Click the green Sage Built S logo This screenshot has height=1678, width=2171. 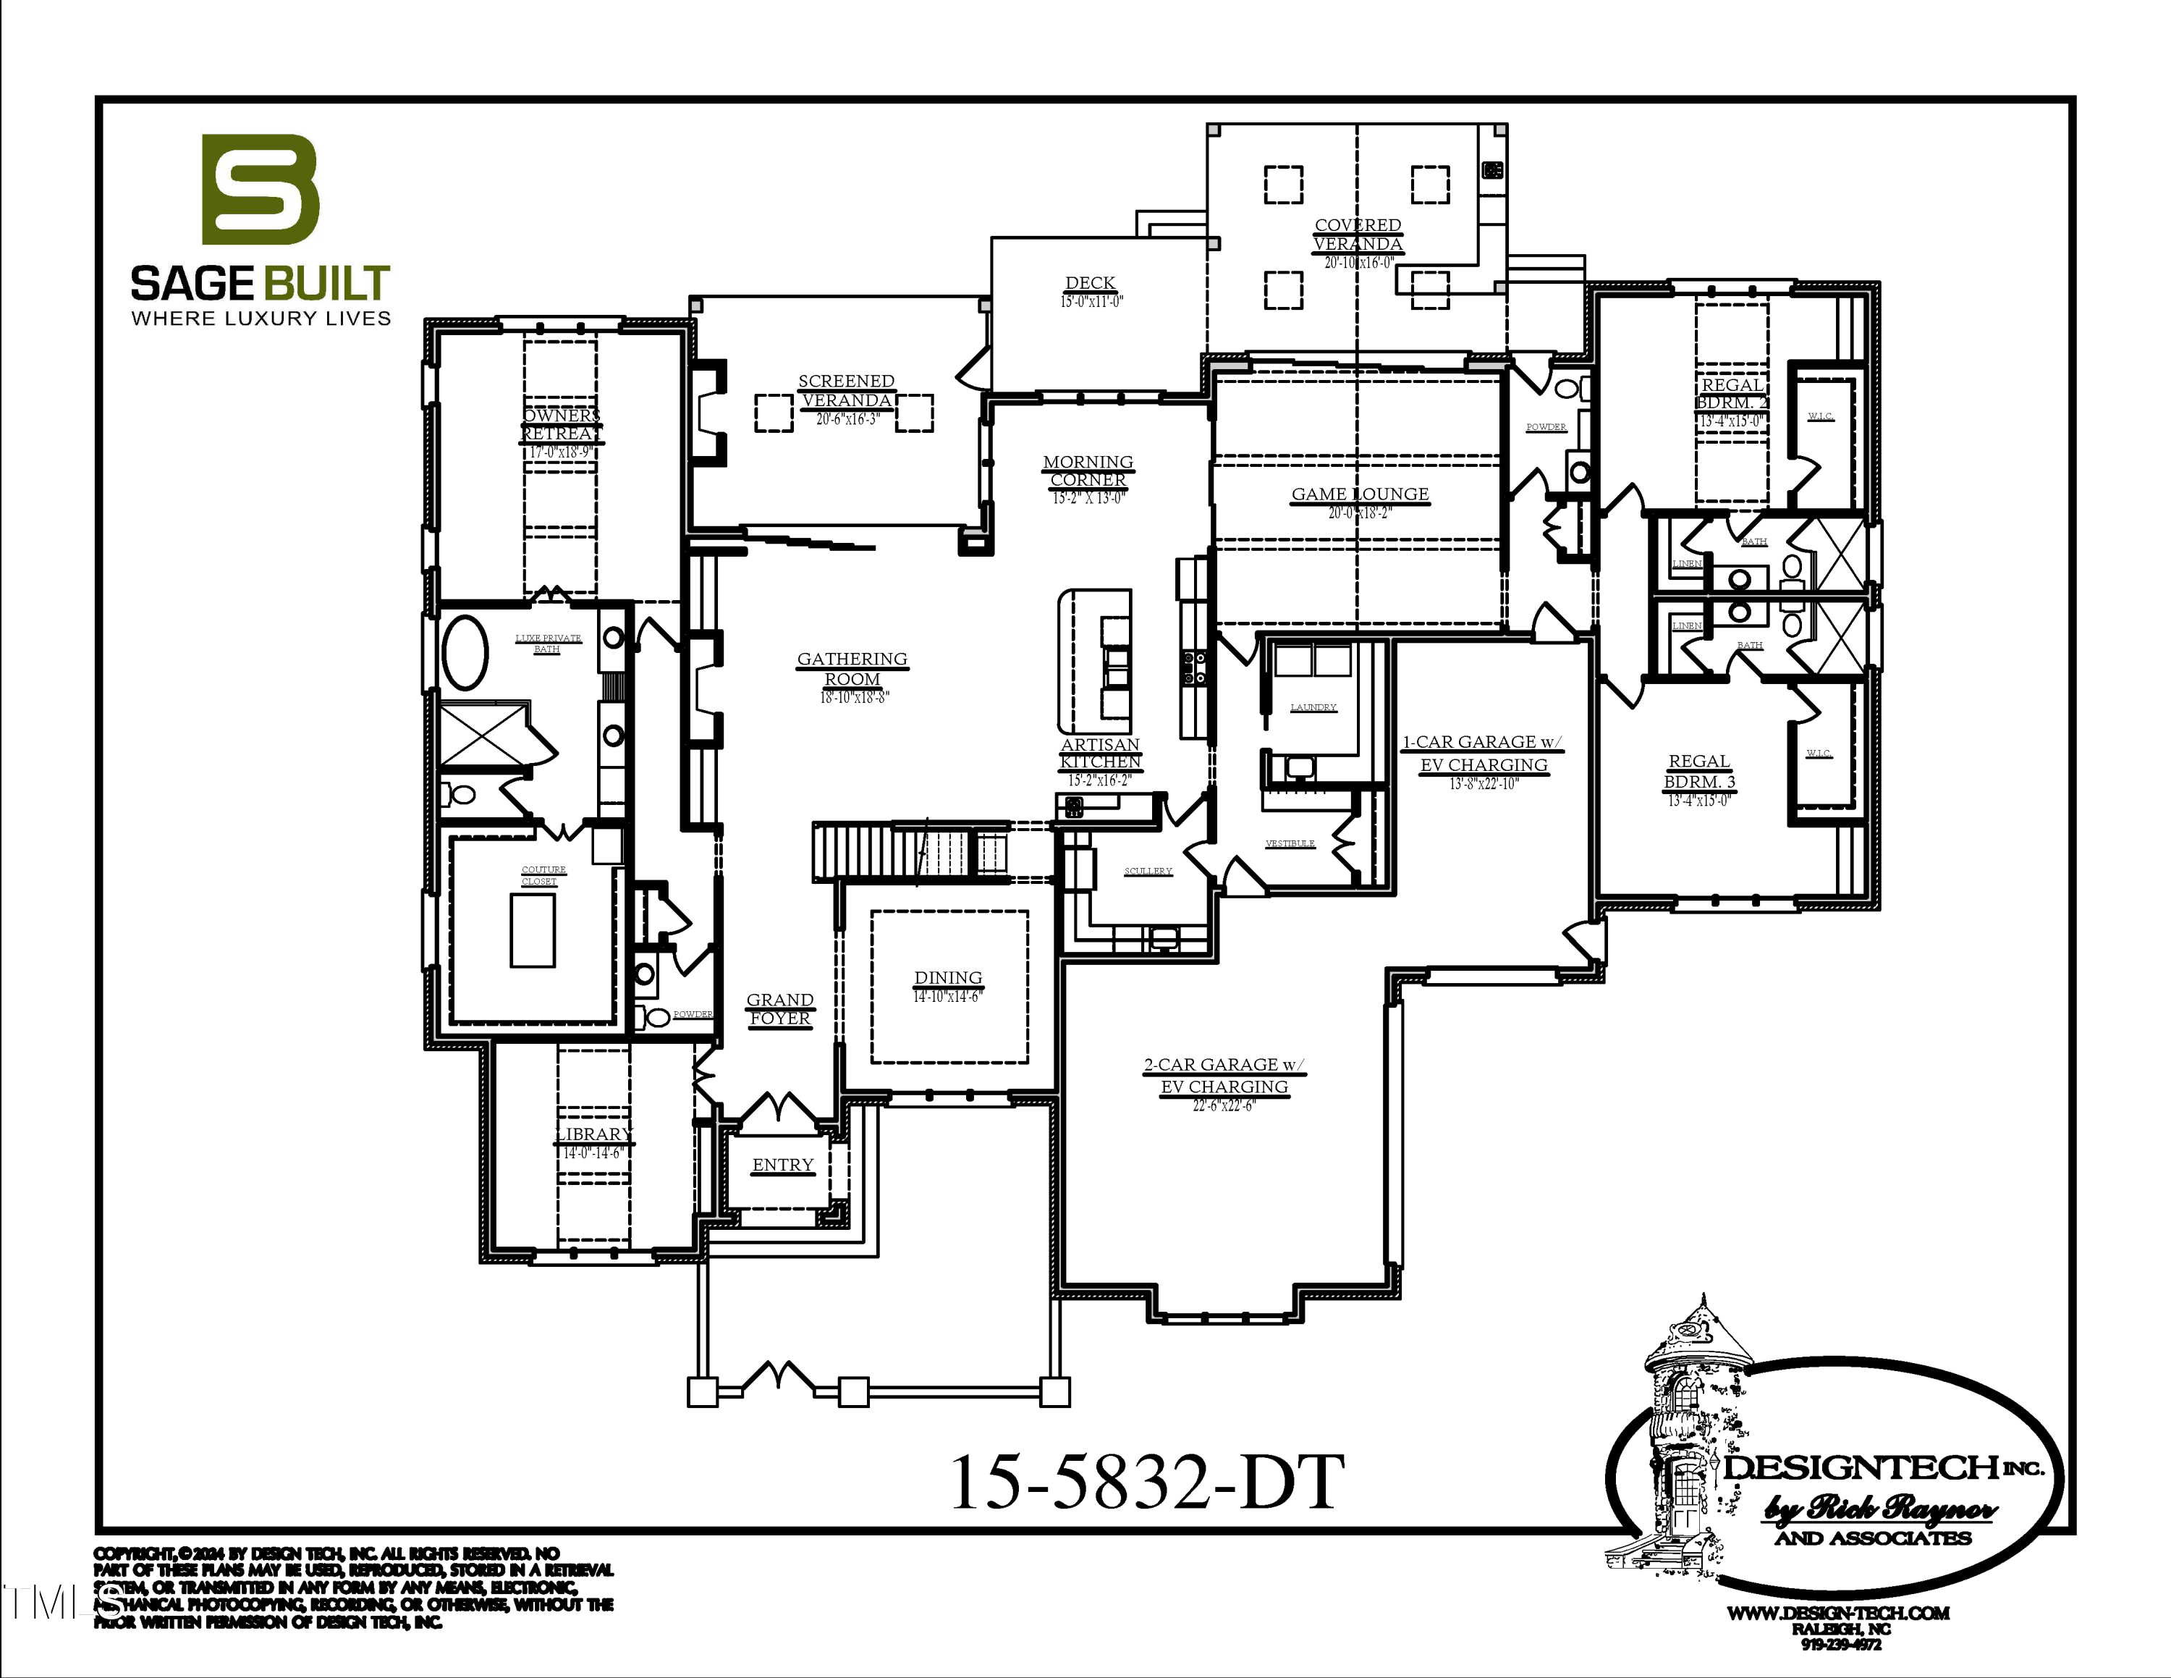tap(261, 190)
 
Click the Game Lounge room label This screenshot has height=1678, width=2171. tap(1360, 494)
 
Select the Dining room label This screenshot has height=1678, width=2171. tap(947, 978)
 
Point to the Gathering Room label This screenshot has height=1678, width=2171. tap(852, 668)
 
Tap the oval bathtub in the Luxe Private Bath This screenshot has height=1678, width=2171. tap(464, 653)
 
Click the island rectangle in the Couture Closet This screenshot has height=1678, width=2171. tap(533, 930)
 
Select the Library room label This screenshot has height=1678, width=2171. tap(593, 1134)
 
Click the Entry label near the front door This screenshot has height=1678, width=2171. tap(782, 1165)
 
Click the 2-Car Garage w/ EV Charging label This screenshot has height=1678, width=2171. tap(1224, 1076)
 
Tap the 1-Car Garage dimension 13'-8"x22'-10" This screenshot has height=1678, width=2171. tap(1483, 784)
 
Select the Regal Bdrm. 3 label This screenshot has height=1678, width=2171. tap(1699, 772)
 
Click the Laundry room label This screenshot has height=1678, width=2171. tap(1313, 708)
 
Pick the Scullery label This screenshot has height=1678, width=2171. tap(1148, 872)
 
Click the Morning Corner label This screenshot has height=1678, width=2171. tap(1088, 471)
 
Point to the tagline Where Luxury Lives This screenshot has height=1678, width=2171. tap(261, 318)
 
